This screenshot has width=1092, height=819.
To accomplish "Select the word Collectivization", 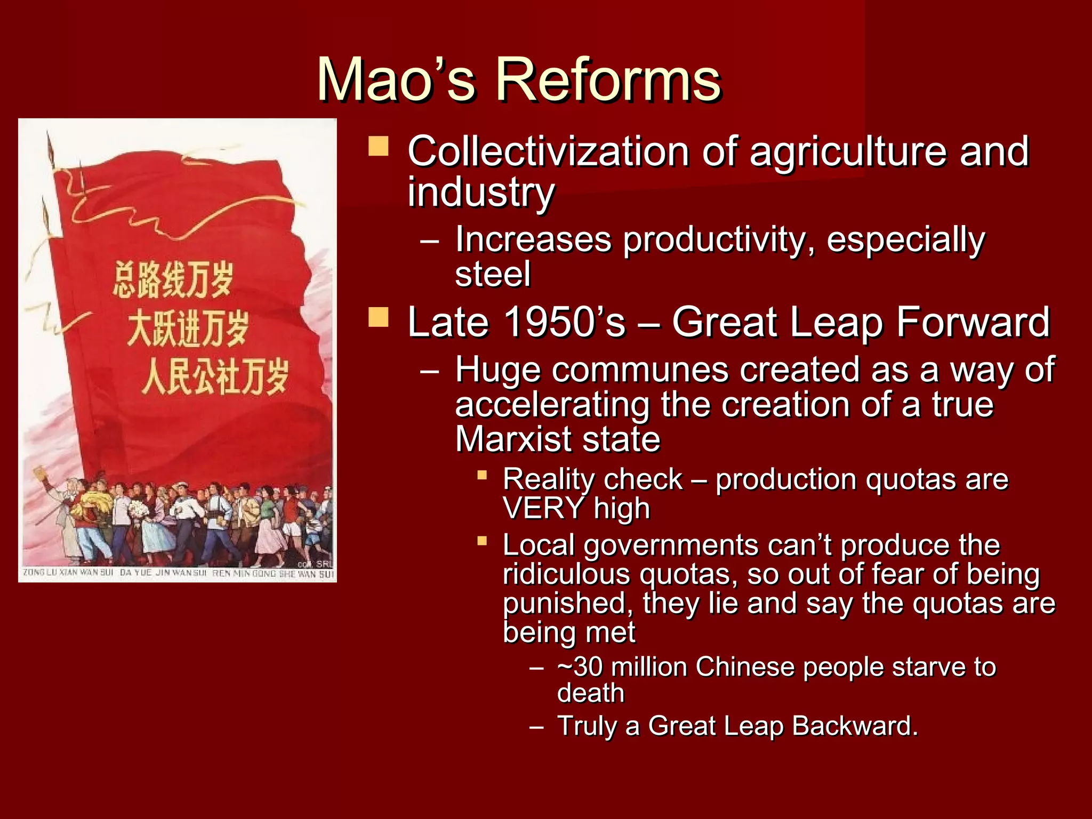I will pos(548,151).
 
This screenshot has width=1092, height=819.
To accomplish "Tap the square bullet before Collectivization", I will pos(378,146).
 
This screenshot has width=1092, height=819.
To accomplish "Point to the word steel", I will pos(493,274).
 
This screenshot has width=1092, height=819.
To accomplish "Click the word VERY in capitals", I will pos(543,508).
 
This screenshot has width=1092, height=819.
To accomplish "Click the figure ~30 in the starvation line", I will pos(580,667).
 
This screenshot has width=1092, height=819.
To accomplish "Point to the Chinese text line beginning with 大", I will pos(188,328).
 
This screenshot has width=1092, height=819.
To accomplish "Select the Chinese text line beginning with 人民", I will pos(215,376).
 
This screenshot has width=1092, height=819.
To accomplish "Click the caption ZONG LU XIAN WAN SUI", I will pos(68,573).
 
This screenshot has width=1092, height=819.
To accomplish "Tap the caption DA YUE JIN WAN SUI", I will pos(163,573).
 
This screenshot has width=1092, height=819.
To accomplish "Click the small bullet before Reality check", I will pos(482,474).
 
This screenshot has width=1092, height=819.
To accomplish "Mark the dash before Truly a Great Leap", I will pos(536,726).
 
